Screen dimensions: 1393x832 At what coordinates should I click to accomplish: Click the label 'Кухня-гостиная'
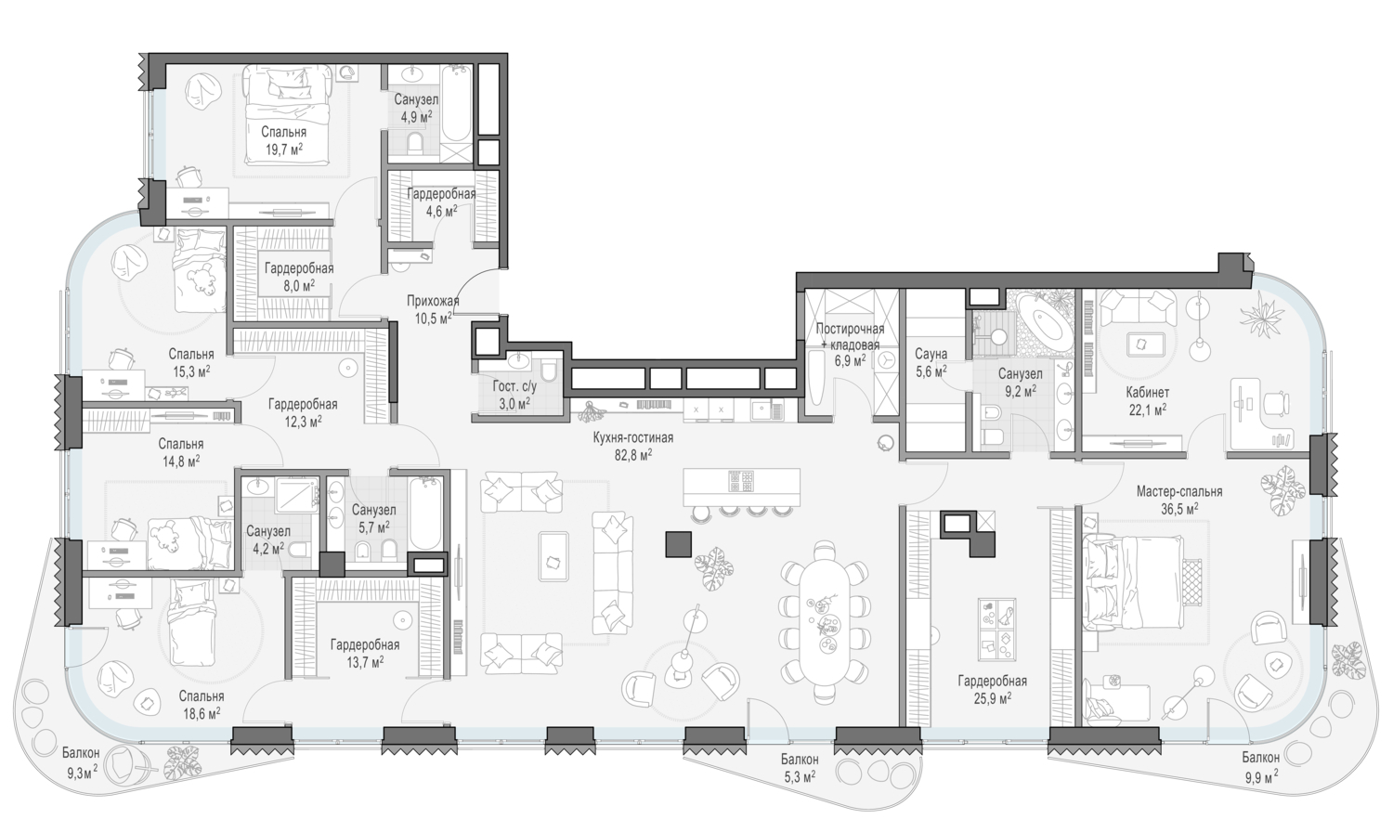633,438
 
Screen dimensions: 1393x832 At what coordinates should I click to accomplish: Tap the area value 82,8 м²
633,455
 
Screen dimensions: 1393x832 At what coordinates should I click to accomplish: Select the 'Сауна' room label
931,355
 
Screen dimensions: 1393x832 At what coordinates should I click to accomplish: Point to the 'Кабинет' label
1147,393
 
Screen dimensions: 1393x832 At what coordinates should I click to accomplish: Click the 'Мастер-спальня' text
1179,492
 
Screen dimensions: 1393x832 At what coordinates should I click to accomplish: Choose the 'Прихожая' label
433,302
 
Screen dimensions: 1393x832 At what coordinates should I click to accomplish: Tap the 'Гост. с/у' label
514,387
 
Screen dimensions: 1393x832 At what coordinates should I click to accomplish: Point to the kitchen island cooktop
741,481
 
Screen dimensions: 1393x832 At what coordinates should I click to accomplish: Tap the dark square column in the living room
679,543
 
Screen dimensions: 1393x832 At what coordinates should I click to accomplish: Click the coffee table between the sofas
553,556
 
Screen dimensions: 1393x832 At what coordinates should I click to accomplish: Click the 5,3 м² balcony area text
800,776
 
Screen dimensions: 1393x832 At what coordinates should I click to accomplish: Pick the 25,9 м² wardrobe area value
992,698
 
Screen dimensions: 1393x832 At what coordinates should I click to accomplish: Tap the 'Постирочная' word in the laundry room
850,329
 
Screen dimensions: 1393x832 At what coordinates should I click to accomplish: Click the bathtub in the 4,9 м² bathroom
457,105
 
